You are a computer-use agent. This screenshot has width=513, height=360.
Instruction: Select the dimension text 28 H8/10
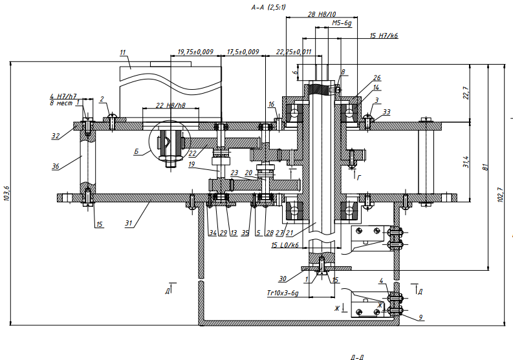[322, 14]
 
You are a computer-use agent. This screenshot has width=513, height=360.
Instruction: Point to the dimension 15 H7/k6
[384, 36]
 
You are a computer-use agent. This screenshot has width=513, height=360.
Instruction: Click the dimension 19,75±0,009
[195, 51]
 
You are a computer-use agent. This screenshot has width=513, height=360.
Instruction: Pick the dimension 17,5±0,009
[243, 51]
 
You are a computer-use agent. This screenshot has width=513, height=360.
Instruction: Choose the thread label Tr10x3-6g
[282, 293]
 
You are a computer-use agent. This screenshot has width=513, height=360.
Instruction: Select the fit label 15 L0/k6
[285, 246]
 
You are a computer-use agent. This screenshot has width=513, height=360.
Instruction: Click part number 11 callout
[123, 51]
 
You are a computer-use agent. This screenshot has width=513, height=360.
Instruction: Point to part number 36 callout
[56, 166]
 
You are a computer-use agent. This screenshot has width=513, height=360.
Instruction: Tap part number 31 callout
[129, 224]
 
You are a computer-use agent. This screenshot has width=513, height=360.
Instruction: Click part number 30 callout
[283, 279]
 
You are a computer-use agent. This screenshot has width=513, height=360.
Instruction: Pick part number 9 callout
[420, 317]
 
